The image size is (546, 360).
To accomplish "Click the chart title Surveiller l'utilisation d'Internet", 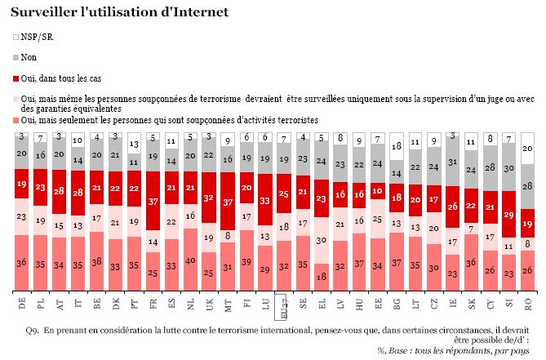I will [114, 12].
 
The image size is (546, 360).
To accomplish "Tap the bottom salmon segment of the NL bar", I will [189, 260].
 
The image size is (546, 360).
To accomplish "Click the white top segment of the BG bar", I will [397, 147].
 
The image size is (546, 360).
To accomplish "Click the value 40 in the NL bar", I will [189, 260].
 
